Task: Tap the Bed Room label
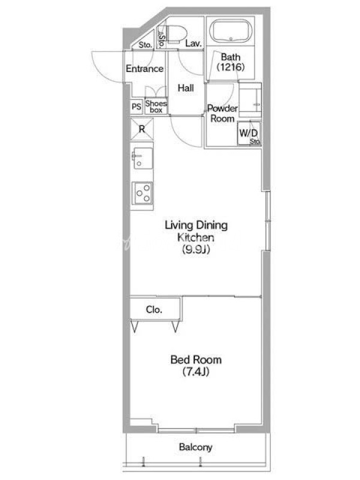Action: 196,359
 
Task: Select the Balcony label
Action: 196,447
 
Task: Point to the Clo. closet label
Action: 154,310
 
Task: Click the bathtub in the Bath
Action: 231,31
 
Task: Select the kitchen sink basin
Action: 143,158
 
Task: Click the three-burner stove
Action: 142,193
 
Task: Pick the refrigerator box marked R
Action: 142,129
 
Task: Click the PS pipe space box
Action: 137,107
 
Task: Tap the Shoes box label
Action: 156,107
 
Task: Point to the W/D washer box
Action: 249,133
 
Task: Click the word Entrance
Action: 145,68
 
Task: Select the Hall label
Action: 186,88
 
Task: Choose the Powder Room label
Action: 223,113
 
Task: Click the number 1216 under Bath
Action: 230,67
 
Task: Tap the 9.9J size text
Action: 196,250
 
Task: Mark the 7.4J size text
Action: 196,371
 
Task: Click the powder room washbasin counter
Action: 250,100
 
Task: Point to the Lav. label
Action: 193,43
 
